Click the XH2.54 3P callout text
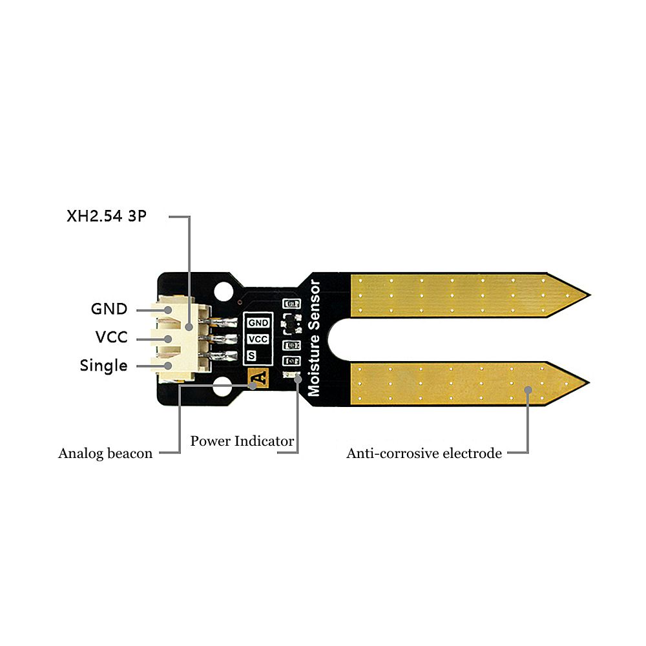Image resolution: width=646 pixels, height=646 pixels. click(x=107, y=216)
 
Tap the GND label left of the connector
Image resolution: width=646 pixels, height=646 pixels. click(x=109, y=309)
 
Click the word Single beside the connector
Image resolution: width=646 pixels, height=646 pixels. click(x=103, y=366)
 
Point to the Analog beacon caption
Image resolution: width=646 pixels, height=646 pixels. click(x=105, y=453)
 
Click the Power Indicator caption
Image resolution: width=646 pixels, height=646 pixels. click(x=242, y=442)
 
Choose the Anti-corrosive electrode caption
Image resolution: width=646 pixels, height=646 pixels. click(x=424, y=453)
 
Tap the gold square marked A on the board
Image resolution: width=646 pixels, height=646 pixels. click(x=258, y=378)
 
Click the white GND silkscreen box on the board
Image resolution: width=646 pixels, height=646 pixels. click(x=258, y=322)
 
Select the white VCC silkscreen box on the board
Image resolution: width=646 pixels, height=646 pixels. click(x=258, y=339)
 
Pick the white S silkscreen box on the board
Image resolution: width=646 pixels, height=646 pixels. click(x=251, y=355)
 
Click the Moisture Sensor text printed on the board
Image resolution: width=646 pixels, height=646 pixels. click(x=315, y=338)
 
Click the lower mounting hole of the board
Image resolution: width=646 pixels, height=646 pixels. click(x=224, y=388)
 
